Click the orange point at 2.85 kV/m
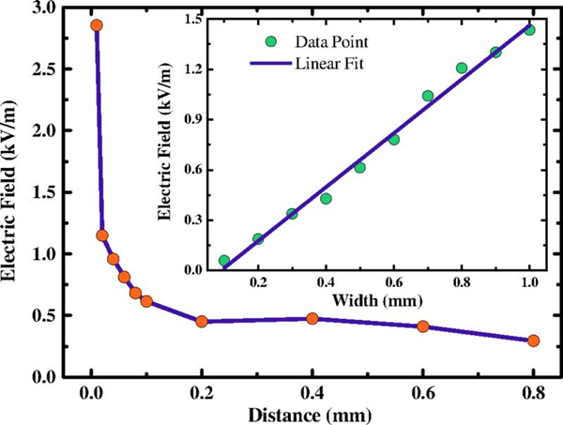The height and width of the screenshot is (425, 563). click(96, 25)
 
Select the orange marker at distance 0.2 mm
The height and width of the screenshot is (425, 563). click(202, 322)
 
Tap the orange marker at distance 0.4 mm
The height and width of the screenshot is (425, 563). click(312, 319)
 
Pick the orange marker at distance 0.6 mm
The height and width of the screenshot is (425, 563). click(423, 326)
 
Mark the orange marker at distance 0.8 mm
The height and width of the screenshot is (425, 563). click(534, 341)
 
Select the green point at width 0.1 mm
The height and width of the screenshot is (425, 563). click(224, 261)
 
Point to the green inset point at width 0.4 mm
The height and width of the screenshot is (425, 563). click(326, 199)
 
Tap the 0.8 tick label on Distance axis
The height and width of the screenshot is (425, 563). click(534, 391)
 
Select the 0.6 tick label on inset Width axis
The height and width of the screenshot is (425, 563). click(394, 282)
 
